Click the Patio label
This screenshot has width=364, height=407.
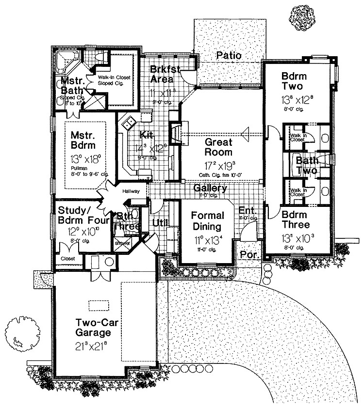click(229, 55)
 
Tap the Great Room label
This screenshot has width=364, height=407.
click(218, 148)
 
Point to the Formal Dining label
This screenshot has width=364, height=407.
click(207, 221)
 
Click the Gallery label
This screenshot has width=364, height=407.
click(210, 188)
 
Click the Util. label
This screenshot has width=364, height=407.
click(160, 222)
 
